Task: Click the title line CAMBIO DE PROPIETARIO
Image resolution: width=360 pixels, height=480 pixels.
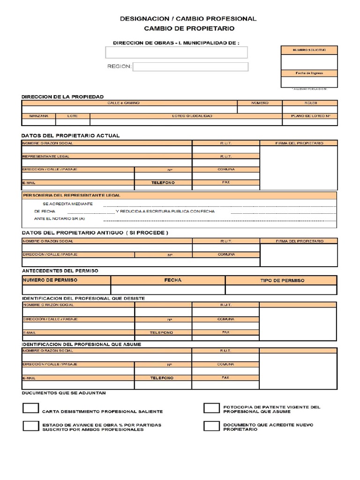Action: (188, 29)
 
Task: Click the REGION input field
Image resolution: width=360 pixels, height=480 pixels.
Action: (190, 67)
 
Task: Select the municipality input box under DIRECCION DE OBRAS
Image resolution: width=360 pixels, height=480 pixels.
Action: (176, 52)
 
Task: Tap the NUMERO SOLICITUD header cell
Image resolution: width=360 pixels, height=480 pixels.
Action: (309, 50)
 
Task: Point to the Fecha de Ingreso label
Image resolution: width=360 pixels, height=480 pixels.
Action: (309, 73)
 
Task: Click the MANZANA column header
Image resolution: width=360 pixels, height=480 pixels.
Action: (38, 115)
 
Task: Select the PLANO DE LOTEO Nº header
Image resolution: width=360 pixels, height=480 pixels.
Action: (310, 115)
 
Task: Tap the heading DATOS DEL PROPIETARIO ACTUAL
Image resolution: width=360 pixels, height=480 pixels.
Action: (71, 135)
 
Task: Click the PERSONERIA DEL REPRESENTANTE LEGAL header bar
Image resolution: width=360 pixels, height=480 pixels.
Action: (179, 195)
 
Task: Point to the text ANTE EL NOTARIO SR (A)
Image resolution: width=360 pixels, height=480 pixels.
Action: (60, 218)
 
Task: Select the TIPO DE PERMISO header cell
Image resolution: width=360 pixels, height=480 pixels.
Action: (282, 280)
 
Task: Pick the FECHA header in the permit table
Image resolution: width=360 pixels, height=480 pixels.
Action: (172, 280)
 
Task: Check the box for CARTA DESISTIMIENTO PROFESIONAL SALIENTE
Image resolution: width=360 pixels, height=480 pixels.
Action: (31, 408)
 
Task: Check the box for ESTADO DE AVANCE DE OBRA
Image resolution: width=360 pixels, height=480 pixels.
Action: (31, 426)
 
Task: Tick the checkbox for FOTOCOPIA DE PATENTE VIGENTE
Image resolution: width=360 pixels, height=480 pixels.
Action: (211, 408)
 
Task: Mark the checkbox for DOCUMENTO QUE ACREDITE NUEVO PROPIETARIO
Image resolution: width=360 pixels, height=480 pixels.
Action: (211, 426)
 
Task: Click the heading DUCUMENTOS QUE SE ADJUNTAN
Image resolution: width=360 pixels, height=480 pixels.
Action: (64, 393)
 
